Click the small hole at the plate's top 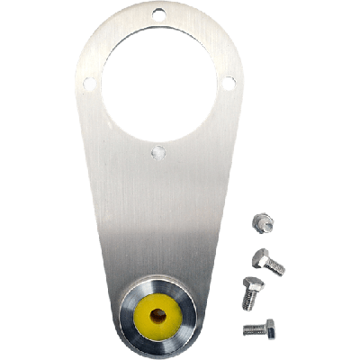pos(158,14)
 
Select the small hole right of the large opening pos(229,83)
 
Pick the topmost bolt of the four pos(262,221)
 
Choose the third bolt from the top pos(249,292)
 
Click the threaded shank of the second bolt pos(276,266)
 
